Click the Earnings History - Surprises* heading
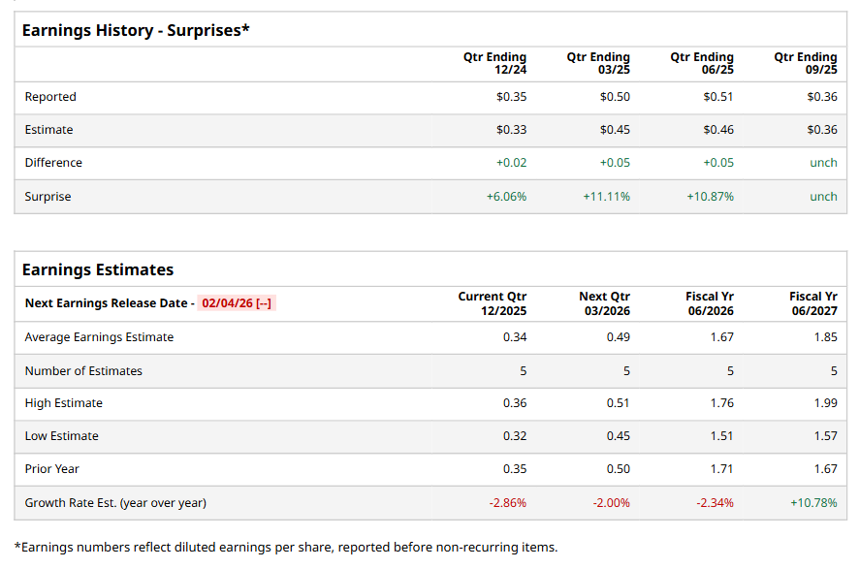[136, 30]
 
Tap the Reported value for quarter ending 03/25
[615, 97]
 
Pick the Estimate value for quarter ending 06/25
[718, 130]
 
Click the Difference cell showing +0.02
[511, 163]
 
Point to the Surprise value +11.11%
[606, 197]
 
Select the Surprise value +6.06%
[506, 197]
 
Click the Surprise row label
[48, 197]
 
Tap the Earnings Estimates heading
[98, 269]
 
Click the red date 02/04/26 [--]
[238, 303]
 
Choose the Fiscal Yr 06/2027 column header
[813, 303]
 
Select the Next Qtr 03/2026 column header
[605, 303]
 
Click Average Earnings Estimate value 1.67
[721, 337]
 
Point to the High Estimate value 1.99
[825, 403]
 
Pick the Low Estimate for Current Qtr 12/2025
[515, 436]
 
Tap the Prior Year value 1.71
[721, 469]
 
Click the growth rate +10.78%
[813, 503]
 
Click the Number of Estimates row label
[83, 371]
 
